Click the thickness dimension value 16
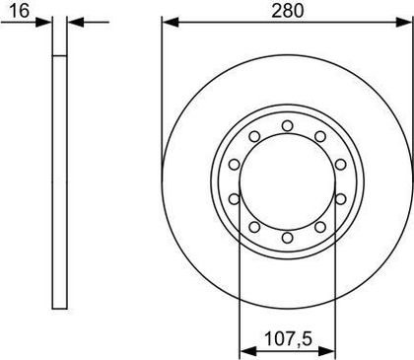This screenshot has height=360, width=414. tap(20, 11)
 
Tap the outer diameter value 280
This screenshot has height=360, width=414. tap(288, 11)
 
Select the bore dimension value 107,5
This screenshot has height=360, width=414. tap(288, 338)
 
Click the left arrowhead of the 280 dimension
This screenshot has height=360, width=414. tap(171, 23)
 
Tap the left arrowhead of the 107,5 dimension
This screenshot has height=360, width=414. tap(248, 351)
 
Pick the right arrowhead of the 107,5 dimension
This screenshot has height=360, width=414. tap(326, 351)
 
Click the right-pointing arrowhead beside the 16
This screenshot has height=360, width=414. tap(43, 23)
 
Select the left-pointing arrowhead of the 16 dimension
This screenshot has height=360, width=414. tap(76, 23)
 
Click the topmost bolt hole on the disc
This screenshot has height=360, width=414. tap(288, 126)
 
